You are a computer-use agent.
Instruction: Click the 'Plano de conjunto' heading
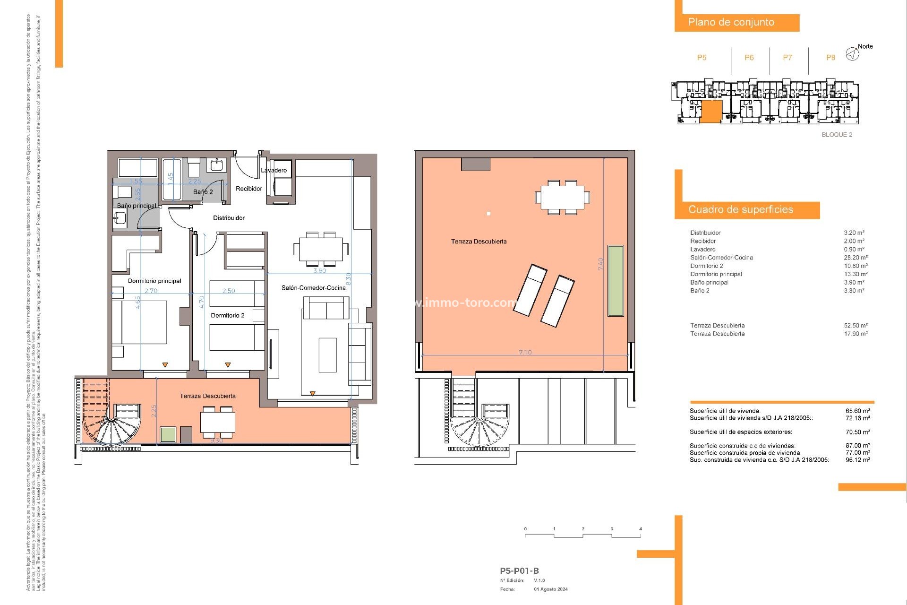coord(731,22)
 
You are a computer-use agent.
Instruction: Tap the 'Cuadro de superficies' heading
coord(740,209)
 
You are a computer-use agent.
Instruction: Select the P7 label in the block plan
coord(787,58)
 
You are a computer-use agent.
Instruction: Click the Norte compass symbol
coord(852,54)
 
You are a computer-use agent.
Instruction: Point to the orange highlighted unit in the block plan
coord(710,112)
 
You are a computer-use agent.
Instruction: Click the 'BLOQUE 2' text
coord(837,135)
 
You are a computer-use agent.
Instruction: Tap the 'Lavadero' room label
coord(274,170)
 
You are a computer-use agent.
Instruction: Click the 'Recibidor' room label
coord(249,189)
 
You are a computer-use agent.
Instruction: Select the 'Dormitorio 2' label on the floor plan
coord(228,315)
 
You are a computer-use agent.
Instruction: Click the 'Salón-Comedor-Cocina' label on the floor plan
coord(314,288)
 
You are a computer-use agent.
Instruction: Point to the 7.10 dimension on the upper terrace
coord(525,352)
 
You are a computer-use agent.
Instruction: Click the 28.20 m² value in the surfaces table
coord(856,258)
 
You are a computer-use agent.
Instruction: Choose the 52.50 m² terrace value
coord(856,326)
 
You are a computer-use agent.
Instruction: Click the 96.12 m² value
coord(857,460)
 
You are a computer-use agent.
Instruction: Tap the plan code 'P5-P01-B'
coord(519,570)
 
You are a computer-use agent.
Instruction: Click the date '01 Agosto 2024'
coord(551,589)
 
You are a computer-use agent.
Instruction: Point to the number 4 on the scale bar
coord(641,529)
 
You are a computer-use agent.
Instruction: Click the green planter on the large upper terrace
coord(616,280)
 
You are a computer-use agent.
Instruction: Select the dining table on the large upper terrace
coord(562,197)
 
